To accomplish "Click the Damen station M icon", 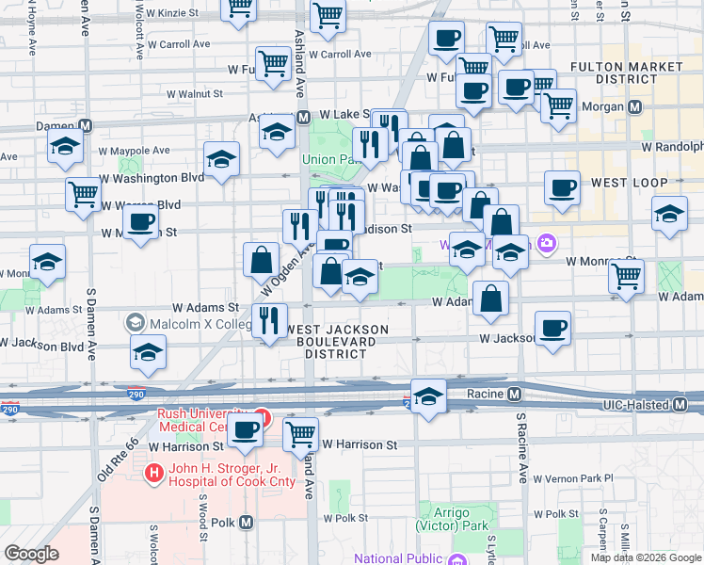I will click(x=85, y=125).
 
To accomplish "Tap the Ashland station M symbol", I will click(x=303, y=118).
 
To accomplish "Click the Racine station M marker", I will click(x=514, y=394).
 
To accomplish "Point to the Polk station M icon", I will click(x=247, y=522).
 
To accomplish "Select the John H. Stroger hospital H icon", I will click(x=152, y=471).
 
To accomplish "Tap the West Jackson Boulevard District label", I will click(x=340, y=342).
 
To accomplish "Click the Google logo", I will click(x=31, y=554).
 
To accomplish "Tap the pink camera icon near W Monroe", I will click(x=547, y=244).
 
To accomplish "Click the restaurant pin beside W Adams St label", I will click(x=270, y=320).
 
